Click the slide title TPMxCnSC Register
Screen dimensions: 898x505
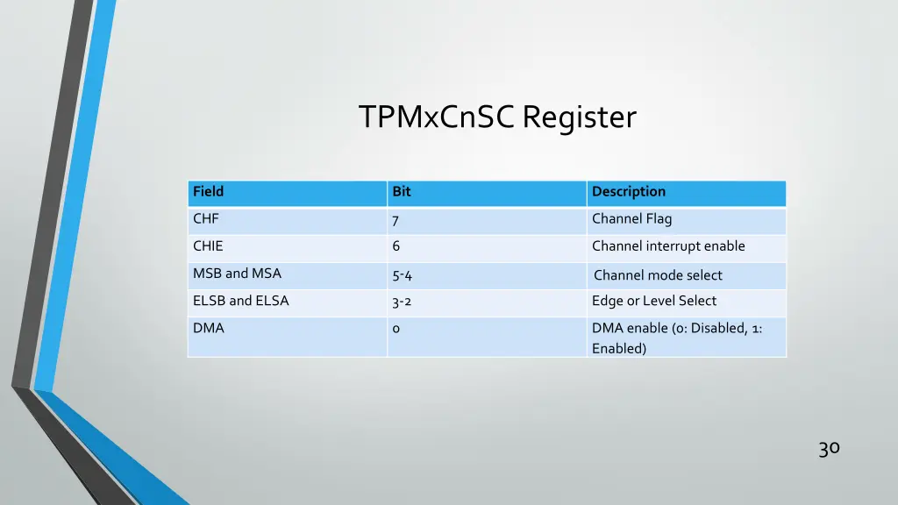point(497,117)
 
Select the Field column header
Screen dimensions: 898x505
point(209,192)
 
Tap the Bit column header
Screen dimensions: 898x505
point(402,192)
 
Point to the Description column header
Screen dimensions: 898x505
point(629,192)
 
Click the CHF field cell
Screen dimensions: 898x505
point(206,219)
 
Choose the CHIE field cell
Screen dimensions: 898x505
point(208,246)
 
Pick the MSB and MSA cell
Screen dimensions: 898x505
point(237,274)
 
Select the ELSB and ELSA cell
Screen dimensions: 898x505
point(240,301)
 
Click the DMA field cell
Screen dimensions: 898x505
point(209,328)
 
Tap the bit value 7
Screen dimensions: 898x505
point(396,220)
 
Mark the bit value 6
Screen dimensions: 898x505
point(396,246)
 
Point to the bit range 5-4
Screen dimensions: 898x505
point(402,275)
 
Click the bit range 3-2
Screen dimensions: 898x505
point(402,302)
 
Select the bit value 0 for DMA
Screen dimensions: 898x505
point(396,329)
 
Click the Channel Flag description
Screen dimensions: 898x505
point(631,219)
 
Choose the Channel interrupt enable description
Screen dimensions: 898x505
point(668,246)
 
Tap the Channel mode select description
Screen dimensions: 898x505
point(658,275)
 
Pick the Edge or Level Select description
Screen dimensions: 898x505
point(654,301)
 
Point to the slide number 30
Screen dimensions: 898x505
point(829,449)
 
